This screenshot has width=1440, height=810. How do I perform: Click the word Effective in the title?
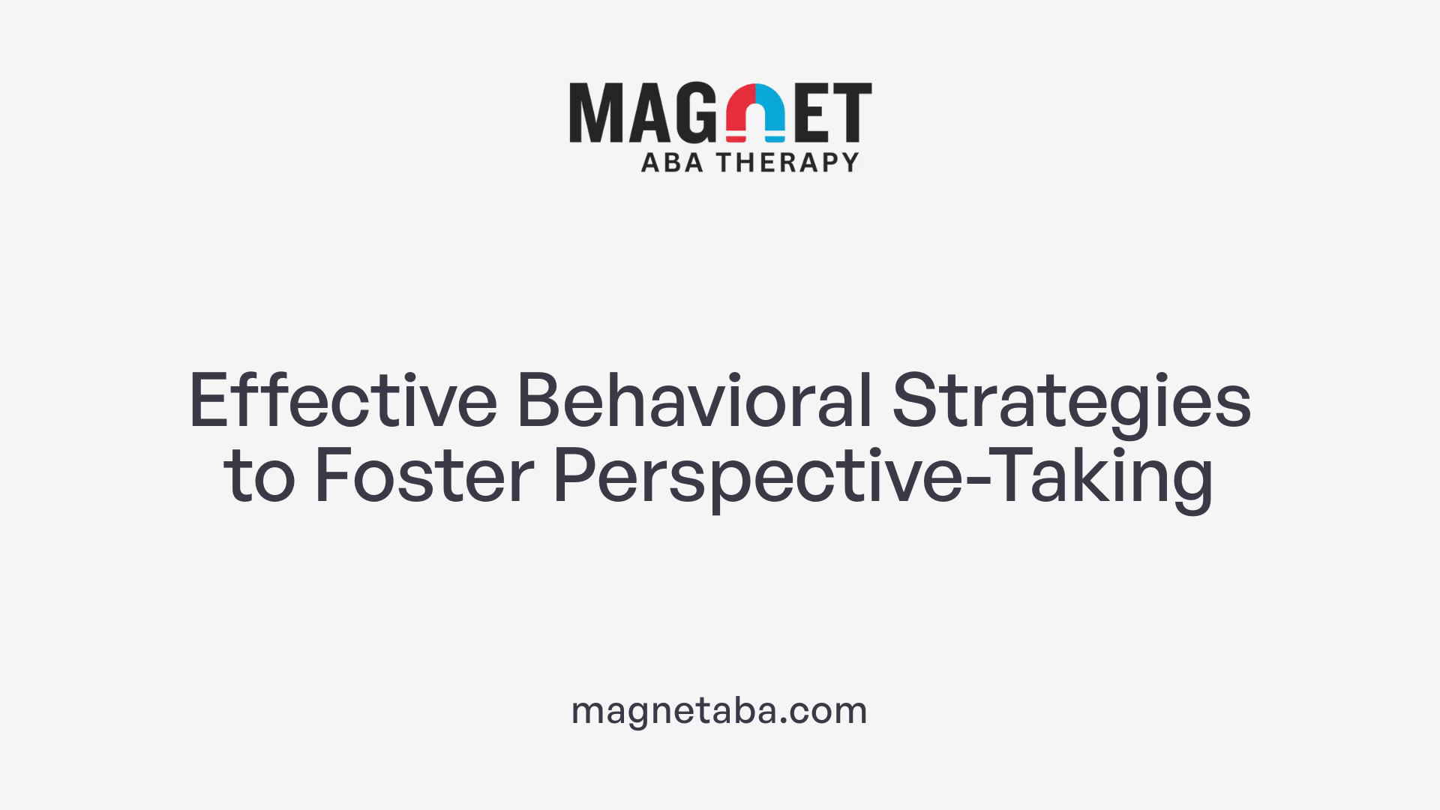point(343,400)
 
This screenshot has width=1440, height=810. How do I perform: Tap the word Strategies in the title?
point(1071,402)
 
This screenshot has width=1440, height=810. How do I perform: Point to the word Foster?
point(424,475)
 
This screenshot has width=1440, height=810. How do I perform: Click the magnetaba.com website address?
point(719,710)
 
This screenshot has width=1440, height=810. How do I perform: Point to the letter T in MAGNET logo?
point(852,112)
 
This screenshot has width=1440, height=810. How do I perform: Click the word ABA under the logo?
point(672,162)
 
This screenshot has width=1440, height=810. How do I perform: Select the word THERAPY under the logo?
point(787,162)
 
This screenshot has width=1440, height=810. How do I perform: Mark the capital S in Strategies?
point(914,400)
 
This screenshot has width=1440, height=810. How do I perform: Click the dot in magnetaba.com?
point(784,721)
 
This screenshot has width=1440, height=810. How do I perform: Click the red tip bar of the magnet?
point(736,138)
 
